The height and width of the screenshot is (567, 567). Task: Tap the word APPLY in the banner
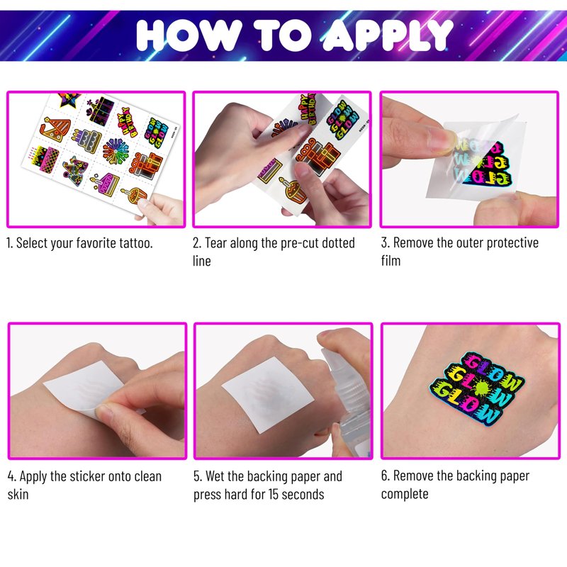click(388, 35)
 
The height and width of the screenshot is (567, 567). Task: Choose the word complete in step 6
click(405, 494)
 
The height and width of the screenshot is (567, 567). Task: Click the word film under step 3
click(391, 260)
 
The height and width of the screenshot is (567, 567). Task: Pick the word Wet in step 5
click(215, 476)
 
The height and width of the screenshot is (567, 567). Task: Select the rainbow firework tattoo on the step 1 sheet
click(116, 151)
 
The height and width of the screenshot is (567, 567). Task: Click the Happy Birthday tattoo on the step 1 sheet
click(128, 122)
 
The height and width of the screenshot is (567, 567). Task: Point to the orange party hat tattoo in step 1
click(55, 129)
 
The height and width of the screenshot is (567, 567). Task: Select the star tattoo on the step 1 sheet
click(69, 99)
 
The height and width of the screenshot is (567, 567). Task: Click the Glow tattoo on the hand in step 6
click(476, 388)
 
